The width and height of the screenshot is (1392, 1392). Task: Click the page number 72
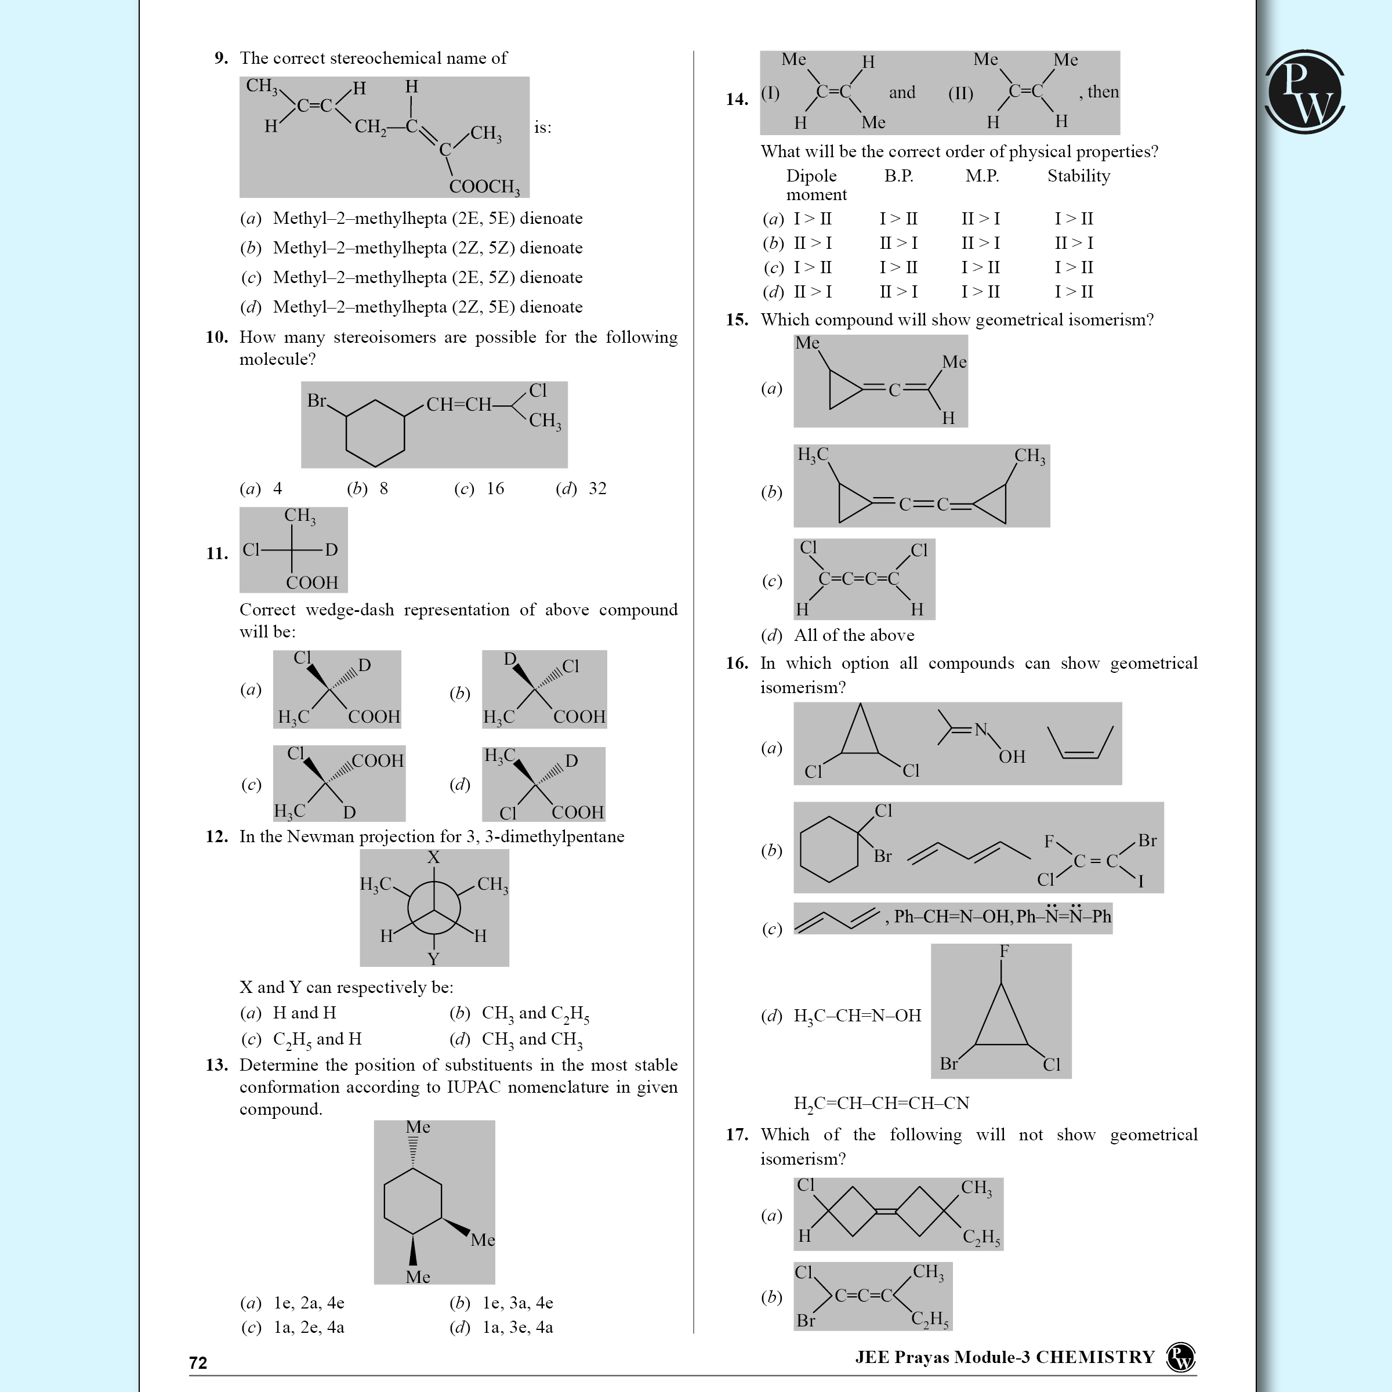(198, 1362)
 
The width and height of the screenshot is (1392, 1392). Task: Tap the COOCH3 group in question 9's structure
(484, 187)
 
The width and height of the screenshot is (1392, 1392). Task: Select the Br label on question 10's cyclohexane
(317, 401)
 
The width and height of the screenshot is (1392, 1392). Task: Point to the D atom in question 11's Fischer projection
(331, 550)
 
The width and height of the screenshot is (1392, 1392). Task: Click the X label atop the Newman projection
(433, 857)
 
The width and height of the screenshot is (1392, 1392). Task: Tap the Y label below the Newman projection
(433, 959)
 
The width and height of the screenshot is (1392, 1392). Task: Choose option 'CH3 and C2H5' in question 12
(535, 1014)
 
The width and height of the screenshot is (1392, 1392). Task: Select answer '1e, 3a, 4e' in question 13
(517, 1303)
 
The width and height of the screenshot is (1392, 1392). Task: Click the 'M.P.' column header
(982, 176)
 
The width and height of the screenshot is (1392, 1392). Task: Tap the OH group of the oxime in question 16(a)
(1012, 756)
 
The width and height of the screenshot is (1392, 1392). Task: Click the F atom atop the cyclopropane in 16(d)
(1003, 952)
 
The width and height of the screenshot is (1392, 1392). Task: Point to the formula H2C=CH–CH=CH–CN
(881, 1103)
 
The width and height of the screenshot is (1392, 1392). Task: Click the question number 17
(737, 1135)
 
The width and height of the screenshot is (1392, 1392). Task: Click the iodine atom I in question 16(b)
(1140, 881)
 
